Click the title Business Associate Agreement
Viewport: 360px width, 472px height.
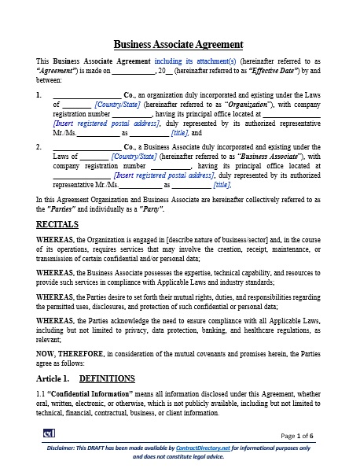pyautogui.click(x=178, y=44)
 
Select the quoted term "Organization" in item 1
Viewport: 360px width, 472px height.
pyautogui.click(x=248, y=103)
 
